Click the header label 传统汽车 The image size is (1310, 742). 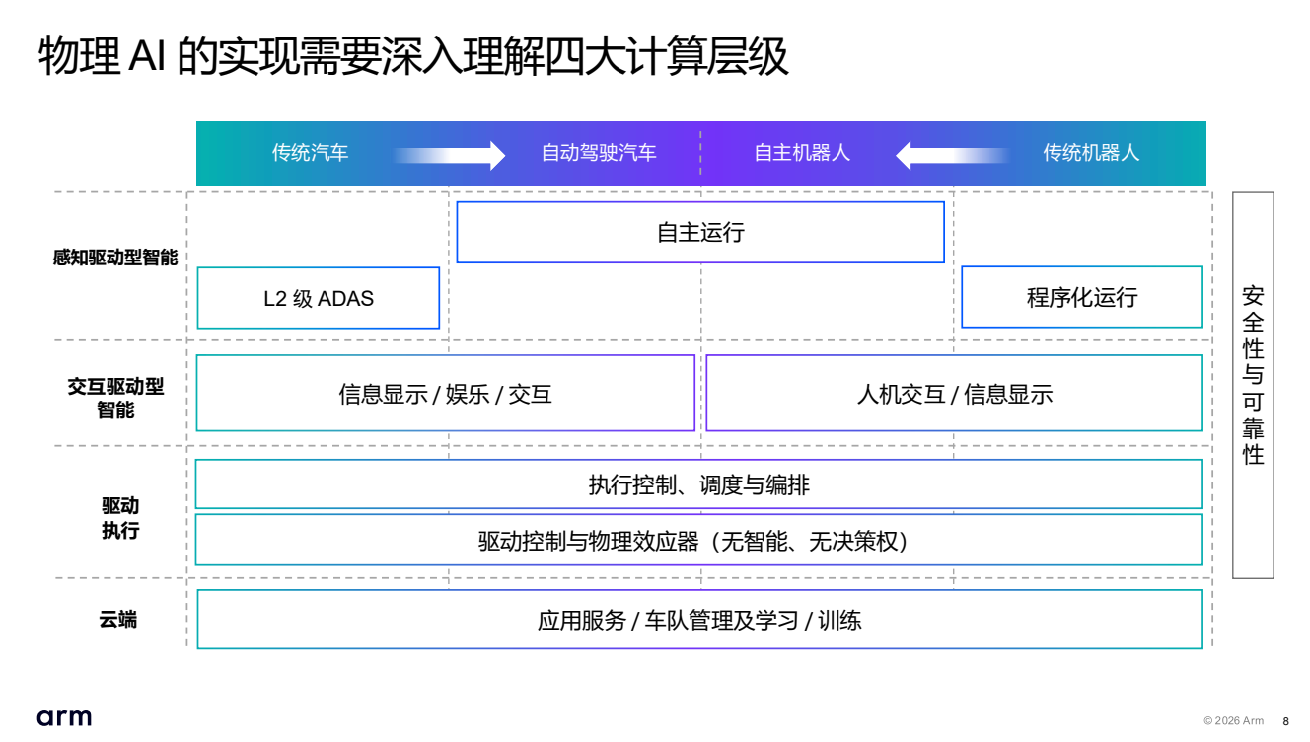pos(310,153)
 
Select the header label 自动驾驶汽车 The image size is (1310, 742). pos(599,153)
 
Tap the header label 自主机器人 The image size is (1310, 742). pos(802,153)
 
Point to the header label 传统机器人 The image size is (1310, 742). pos(1091,153)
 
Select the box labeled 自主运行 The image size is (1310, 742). pos(700,233)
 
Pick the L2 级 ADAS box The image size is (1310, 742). pos(319,298)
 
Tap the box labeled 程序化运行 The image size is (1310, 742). pos(1082,298)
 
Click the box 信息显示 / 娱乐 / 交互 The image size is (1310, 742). pos(445,394)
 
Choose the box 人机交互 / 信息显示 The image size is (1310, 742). pos(954,394)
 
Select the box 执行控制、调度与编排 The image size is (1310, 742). pos(698,484)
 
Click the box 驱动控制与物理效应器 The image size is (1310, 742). pos(698,541)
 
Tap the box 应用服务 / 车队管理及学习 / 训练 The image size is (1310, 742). pos(699,620)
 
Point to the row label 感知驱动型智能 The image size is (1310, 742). pos(115,259)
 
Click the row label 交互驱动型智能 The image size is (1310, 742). pos(115,398)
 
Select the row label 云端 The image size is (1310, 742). pos(117,620)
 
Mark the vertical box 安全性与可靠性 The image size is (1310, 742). pos(1253,385)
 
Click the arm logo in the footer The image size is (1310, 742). pos(64,717)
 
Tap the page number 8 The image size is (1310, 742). pos(1285,721)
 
